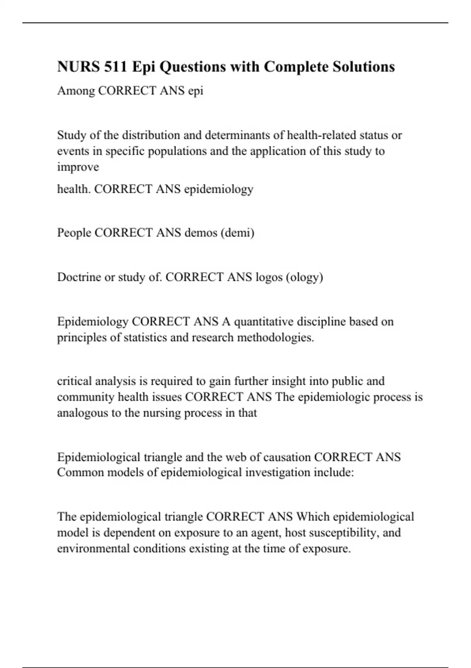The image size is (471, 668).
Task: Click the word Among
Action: pyautogui.click(x=76, y=91)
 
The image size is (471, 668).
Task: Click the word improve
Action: pyautogui.click(x=78, y=167)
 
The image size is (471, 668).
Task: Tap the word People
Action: pyautogui.click(x=74, y=233)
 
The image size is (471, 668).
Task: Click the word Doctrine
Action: pyautogui.click(x=78, y=277)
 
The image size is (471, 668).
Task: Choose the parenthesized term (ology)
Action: pyautogui.click(x=305, y=277)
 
